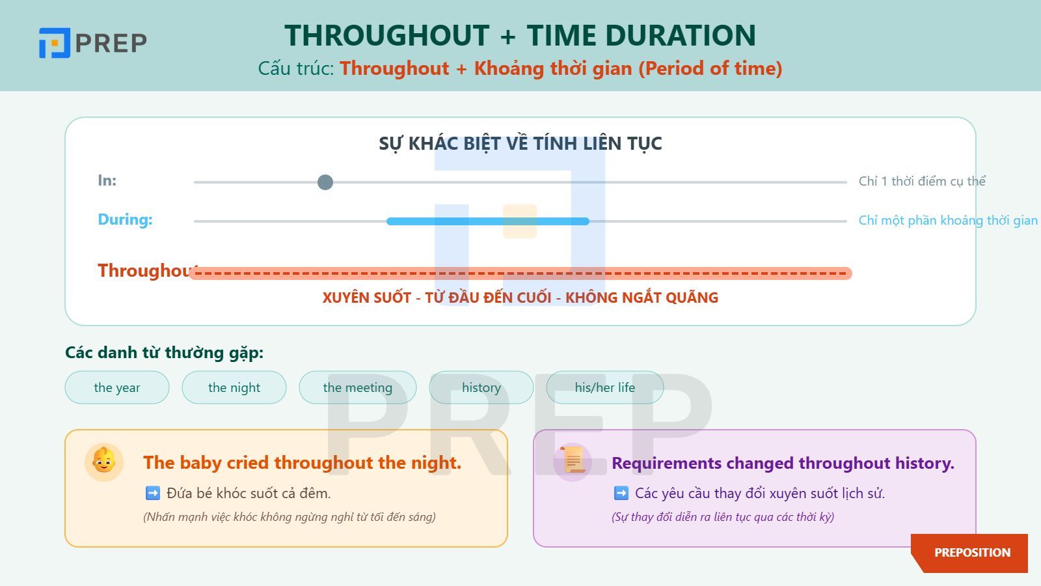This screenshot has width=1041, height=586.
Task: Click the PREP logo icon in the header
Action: coord(55,43)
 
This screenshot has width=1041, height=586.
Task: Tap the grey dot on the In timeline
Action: coord(325,182)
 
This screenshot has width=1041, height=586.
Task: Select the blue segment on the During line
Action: coord(488,221)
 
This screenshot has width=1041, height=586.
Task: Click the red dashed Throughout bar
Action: coord(520,273)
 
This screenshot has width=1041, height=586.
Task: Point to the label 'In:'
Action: coord(107,180)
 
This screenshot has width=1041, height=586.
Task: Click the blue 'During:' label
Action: coord(125,219)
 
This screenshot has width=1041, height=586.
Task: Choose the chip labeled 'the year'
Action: coord(117,387)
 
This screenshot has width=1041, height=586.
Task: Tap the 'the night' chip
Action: coord(234,387)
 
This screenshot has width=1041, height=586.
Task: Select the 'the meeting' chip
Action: coord(358,387)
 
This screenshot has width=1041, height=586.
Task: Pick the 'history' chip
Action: coord(481,387)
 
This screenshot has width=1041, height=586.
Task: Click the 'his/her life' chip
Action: coord(605,387)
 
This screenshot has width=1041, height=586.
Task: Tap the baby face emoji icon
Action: coord(103,461)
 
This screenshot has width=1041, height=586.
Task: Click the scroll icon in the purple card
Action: coord(573,460)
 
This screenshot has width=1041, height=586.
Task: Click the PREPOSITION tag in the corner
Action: coord(972,553)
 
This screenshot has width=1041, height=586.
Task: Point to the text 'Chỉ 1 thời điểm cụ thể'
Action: coord(922,182)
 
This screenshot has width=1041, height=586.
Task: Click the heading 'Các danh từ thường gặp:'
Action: coord(165,352)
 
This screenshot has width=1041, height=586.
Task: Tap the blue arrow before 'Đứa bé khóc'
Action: coord(153,493)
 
